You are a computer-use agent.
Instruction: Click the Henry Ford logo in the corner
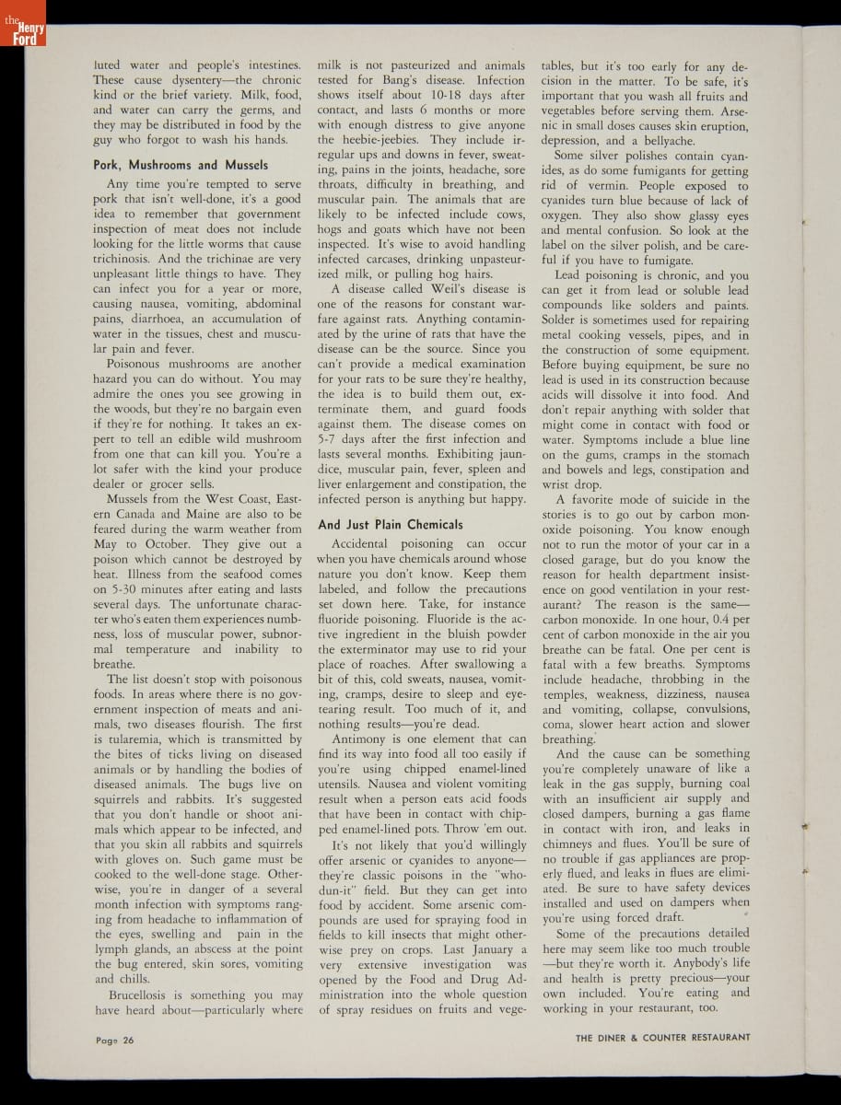tap(22, 32)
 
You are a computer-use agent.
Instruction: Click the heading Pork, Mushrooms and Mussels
tap(181, 165)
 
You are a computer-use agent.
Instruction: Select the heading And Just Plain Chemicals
tap(390, 524)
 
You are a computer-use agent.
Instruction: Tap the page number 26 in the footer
tap(115, 1040)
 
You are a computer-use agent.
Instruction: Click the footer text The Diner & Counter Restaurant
tap(662, 1037)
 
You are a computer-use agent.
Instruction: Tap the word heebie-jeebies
tap(389, 139)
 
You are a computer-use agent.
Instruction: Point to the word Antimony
tap(361, 739)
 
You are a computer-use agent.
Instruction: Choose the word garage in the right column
tap(596, 559)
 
